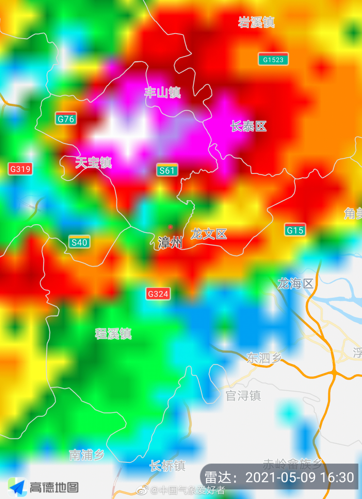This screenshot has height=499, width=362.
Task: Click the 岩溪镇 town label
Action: (256, 22)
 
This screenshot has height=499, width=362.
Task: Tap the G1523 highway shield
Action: (273, 60)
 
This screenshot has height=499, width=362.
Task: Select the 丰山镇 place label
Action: (162, 93)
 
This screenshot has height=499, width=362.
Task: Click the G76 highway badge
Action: (66, 119)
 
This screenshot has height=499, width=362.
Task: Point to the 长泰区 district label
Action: (248, 126)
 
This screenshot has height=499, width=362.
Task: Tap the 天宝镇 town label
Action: (94, 163)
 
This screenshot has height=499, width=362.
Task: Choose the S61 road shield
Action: (167, 170)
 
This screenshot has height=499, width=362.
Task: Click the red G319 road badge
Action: (20, 169)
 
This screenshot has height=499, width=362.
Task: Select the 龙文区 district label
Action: (209, 234)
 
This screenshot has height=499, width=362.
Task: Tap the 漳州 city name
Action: (170, 243)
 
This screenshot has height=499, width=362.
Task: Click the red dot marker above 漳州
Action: (170, 227)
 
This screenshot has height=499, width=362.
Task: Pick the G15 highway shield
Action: (295, 230)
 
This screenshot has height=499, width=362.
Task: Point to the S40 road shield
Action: (79, 242)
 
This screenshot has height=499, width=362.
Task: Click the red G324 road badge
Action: (158, 294)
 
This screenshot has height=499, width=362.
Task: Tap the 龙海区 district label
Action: (296, 284)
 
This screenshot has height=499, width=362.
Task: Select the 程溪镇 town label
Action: (114, 334)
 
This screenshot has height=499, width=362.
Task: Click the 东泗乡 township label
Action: (264, 358)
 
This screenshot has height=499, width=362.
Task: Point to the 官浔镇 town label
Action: (243, 396)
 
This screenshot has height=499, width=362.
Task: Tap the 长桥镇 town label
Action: (168, 466)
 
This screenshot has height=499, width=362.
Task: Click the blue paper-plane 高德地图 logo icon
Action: (17, 487)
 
